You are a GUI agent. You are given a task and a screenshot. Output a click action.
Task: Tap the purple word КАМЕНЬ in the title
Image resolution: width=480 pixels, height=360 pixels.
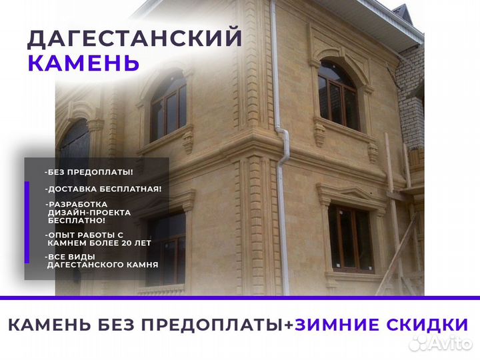[x=83, y=63]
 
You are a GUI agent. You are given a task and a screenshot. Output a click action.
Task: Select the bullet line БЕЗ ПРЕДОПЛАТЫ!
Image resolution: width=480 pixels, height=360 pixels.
[x=89, y=172]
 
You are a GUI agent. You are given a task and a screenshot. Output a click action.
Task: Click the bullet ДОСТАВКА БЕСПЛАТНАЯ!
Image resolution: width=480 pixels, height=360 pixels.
[x=103, y=189]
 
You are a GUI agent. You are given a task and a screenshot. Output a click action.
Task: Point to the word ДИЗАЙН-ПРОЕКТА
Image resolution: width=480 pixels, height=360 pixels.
[x=89, y=213]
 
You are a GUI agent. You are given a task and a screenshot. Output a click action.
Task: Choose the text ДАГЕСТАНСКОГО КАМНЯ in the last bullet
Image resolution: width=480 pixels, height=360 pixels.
[x=103, y=265]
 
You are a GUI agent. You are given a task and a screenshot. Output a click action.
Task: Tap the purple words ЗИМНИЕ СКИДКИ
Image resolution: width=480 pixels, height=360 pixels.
[x=381, y=325]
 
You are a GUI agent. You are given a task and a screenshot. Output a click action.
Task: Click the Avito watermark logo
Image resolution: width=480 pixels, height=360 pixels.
[x=441, y=343]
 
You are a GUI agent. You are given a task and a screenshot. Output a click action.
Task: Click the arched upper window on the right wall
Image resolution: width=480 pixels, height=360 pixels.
[x=338, y=95]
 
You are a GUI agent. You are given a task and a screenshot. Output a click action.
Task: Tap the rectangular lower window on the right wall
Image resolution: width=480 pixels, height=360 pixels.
[x=351, y=239]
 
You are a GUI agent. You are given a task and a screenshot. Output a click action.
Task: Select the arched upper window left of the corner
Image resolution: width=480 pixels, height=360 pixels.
[x=169, y=106]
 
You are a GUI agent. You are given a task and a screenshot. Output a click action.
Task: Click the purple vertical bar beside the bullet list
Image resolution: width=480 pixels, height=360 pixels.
[x=27, y=222]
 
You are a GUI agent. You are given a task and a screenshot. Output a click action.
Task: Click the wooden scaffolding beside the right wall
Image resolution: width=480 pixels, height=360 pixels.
[x=401, y=214]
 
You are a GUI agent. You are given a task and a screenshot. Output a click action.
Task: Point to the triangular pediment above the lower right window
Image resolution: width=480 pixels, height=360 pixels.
[x=352, y=192]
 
